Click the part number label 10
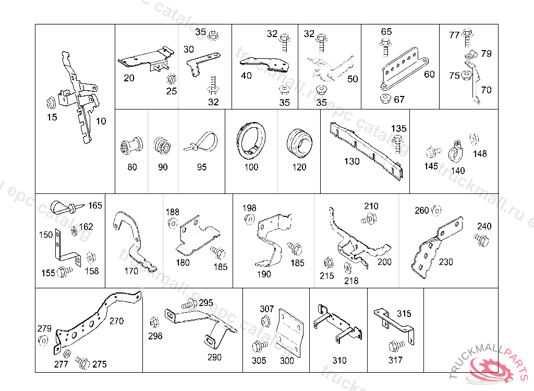[x=101, y=121]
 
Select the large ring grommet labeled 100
[x=251, y=141]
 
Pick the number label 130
[x=352, y=162]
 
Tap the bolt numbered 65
[x=386, y=47]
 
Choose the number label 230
[x=446, y=262]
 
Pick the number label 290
[x=214, y=357]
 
